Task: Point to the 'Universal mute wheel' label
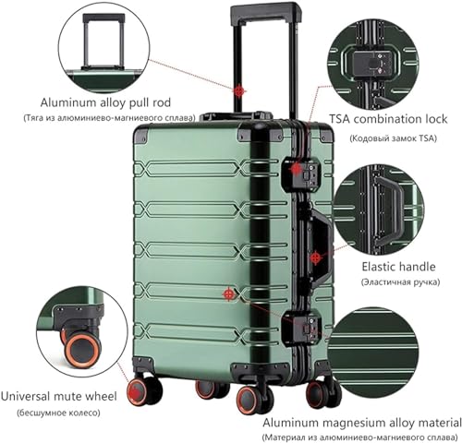(x=58, y=397)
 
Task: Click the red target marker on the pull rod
(x=241, y=90)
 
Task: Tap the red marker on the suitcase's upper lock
(x=296, y=169)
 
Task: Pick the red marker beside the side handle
(x=316, y=259)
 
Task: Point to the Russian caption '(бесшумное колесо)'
(x=59, y=414)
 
